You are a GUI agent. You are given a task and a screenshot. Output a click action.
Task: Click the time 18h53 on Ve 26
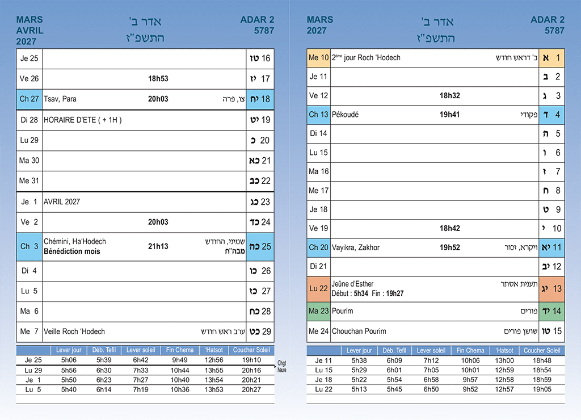pyautogui.click(x=158, y=78)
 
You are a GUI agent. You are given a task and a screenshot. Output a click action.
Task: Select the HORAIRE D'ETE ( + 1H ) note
pyautogui.click(x=83, y=120)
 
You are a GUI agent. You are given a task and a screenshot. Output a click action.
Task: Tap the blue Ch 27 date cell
pyautogui.click(x=30, y=99)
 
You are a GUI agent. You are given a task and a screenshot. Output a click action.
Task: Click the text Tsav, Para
pyautogui.click(x=60, y=99)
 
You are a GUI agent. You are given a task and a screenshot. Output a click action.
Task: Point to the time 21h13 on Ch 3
pyautogui.click(x=158, y=246)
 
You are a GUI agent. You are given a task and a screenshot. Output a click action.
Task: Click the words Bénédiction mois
pyautogui.click(x=72, y=251)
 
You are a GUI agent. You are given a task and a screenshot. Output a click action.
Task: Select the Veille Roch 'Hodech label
pyautogui.click(x=74, y=331)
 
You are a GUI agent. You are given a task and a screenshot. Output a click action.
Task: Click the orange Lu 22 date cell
pyautogui.click(x=318, y=288)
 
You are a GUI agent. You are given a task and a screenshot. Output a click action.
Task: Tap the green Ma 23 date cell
pyautogui.click(x=318, y=311)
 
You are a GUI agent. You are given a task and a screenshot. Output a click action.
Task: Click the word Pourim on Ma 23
pyautogui.click(x=342, y=311)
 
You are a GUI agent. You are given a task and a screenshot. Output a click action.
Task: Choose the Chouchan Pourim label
pyautogui.click(x=359, y=331)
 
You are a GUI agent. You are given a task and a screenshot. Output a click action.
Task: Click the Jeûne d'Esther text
pyautogui.click(x=352, y=284)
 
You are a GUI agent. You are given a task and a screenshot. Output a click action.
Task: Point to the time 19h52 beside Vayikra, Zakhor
pyautogui.click(x=450, y=247)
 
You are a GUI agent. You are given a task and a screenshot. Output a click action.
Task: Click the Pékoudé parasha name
pyautogui.click(x=346, y=115)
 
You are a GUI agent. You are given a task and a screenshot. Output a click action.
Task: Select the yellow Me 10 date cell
pyautogui.click(x=318, y=58)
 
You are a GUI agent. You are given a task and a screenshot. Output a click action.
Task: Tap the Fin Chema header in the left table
pyautogui.click(x=180, y=350)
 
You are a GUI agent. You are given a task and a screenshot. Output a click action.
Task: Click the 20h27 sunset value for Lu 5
pyautogui.click(x=251, y=389)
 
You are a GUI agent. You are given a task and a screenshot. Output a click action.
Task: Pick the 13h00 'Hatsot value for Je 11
pyautogui.click(x=504, y=360)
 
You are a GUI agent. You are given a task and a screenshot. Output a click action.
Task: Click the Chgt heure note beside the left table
pyautogui.click(x=282, y=366)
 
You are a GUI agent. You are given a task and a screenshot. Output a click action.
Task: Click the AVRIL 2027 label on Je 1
pyautogui.click(x=62, y=201)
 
